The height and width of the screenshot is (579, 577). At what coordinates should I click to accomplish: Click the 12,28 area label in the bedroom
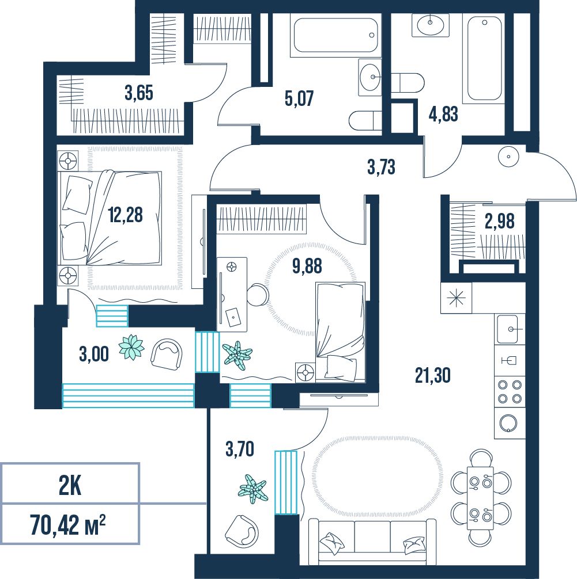[x=126, y=215]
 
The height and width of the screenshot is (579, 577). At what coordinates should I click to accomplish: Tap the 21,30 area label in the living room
[x=433, y=375]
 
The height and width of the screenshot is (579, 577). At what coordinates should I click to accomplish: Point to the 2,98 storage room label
[x=500, y=221]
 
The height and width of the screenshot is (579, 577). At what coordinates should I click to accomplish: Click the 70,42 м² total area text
[x=68, y=525]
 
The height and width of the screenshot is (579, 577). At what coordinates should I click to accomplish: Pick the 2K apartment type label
[x=70, y=487]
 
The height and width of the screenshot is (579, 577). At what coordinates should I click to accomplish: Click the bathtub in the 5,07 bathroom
[x=335, y=36]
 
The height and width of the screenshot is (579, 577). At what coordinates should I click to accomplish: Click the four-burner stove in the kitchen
[x=510, y=391]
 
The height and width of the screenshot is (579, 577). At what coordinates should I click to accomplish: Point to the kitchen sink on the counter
[x=510, y=329]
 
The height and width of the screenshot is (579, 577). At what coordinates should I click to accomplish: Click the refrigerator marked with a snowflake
[x=456, y=298]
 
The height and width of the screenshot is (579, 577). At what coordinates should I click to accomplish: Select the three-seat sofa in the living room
[x=372, y=542]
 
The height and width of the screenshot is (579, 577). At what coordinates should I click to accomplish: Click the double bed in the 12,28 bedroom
[x=110, y=218]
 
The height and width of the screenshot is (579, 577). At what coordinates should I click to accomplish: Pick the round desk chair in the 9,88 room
[x=258, y=294]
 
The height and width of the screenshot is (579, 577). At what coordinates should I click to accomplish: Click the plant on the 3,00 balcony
[x=131, y=346]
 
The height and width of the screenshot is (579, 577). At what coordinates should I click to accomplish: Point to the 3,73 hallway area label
[x=382, y=167]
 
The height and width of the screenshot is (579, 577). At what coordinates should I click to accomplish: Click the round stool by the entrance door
[x=509, y=157]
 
